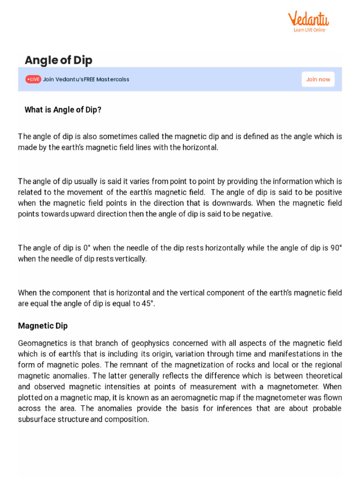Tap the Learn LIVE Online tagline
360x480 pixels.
309,30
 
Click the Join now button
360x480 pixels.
318,79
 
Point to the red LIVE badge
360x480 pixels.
33,79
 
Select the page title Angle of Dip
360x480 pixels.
58,60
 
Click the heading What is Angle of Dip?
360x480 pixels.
63,110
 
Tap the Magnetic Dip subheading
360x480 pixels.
43,325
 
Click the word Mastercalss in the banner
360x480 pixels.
112,79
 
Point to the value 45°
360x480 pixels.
147,303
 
